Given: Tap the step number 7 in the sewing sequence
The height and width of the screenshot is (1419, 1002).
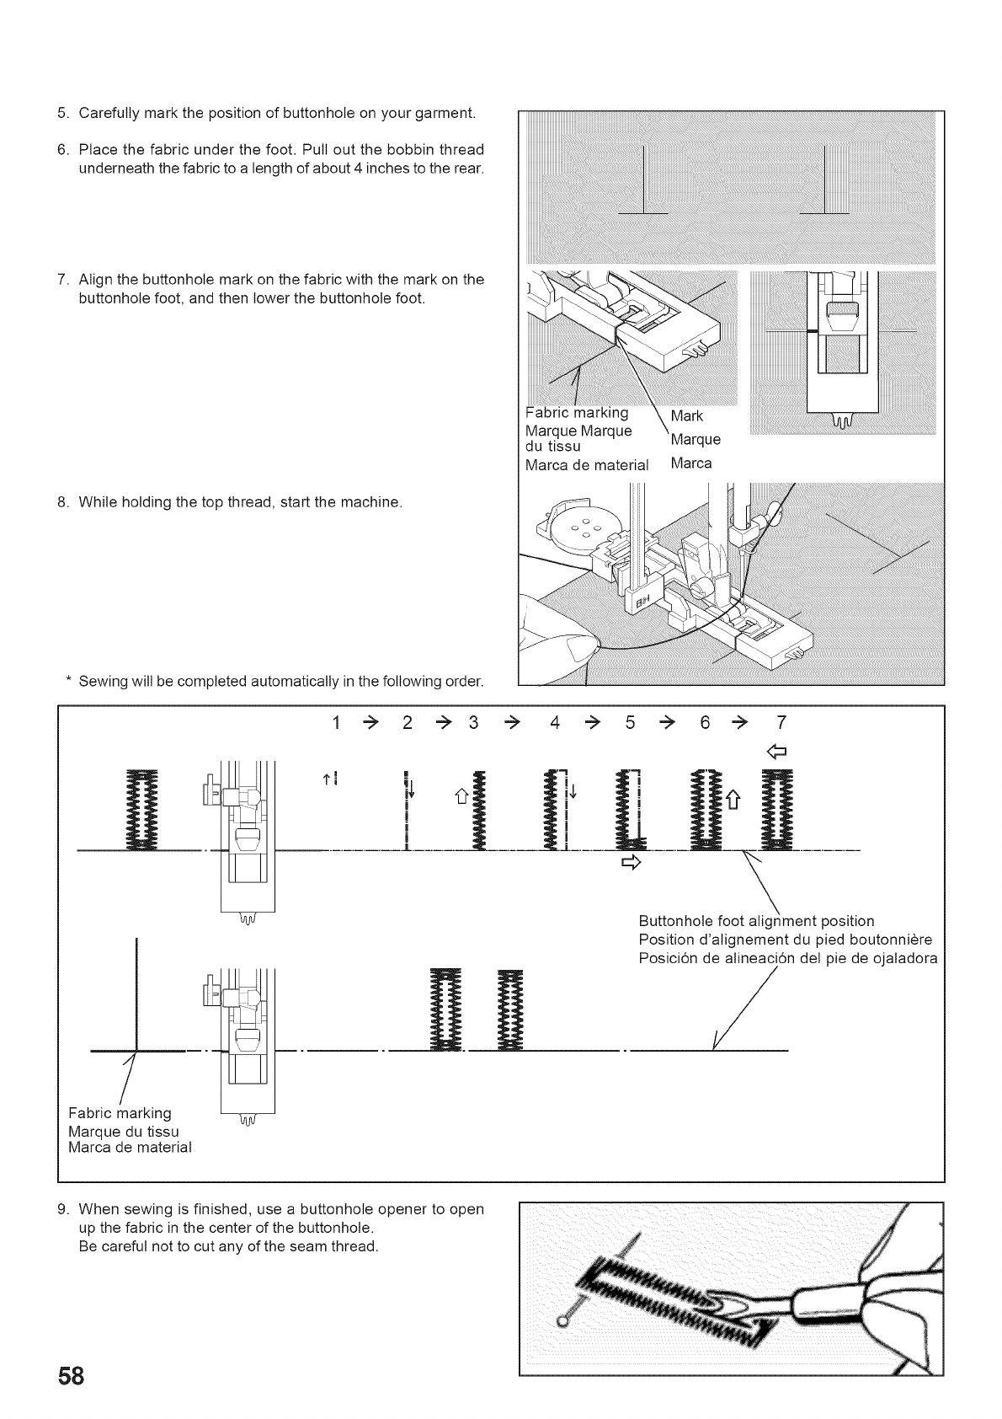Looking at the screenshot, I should pos(781,723).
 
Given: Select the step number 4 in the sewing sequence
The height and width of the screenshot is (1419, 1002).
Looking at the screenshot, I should pos(554,723).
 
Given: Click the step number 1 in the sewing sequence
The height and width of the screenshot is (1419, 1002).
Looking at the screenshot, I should pos(337,723).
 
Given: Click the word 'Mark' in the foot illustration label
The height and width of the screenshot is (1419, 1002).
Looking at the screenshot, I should pos(686,416).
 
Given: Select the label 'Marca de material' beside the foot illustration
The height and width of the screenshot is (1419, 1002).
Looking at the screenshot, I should pos(587,464).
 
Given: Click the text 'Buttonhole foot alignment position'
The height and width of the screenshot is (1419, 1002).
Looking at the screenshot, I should pos(756,921).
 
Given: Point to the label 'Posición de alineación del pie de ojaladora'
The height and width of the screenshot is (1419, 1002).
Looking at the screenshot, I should pos(787,958).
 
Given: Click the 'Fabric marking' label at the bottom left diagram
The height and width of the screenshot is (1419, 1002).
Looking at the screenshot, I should pos(120,1113).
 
